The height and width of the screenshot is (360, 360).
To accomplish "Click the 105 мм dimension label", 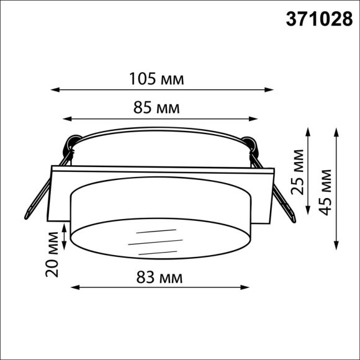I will pyautogui.click(x=156, y=79).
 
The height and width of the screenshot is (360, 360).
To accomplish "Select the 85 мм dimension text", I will pyautogui.click(x=156, y=108).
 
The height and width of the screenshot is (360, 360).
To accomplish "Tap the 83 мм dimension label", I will pyautogui.click(x=160, y=277).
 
